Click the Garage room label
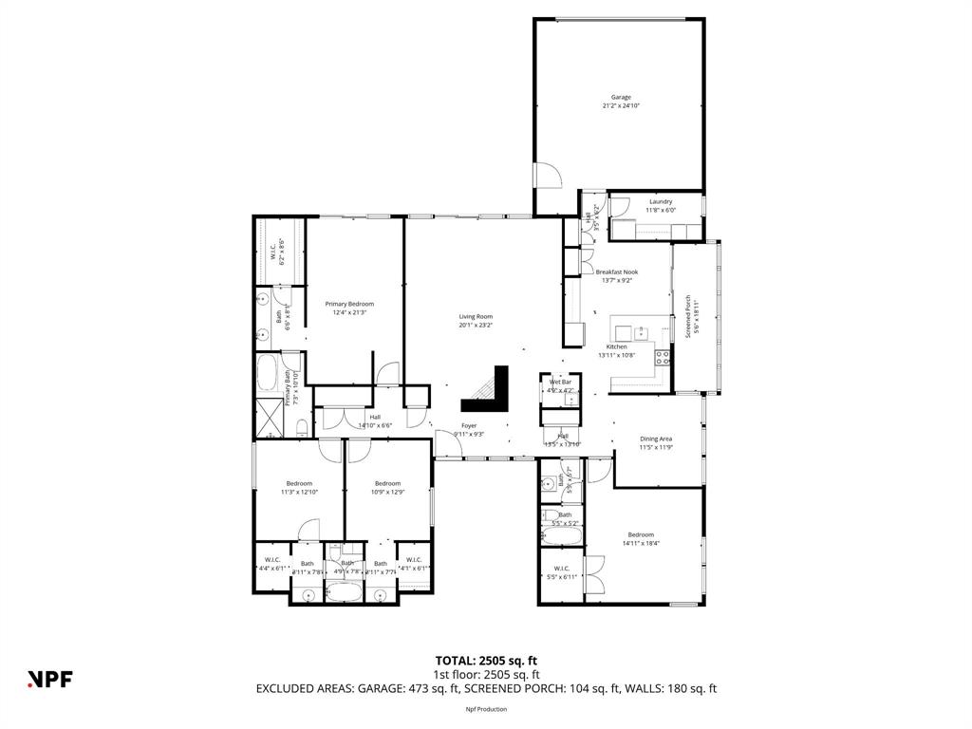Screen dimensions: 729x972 621,97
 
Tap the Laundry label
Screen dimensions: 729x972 661,201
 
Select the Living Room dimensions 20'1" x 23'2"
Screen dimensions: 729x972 476,325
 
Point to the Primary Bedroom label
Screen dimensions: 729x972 349,304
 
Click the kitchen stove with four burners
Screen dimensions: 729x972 663,358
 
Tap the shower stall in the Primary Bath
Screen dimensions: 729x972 269,419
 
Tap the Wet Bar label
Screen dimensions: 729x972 560,383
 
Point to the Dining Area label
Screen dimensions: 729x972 656,439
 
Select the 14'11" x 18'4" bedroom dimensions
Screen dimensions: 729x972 641,544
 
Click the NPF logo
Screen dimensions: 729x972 49,678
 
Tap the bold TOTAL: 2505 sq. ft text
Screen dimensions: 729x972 486,660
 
